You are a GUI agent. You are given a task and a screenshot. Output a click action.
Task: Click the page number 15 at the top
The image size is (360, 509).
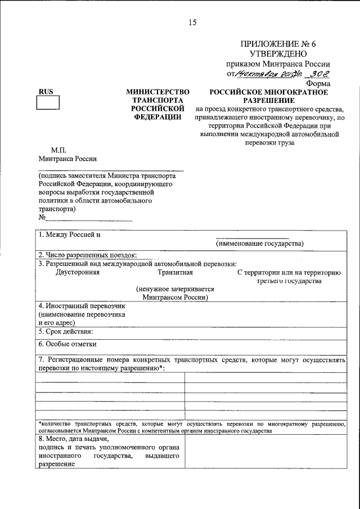[x=192, y=23]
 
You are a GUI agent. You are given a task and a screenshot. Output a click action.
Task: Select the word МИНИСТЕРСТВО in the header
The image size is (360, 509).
[x=157, y=92]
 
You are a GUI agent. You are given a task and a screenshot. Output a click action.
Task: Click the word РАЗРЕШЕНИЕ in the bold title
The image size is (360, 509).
[x=268, y=100]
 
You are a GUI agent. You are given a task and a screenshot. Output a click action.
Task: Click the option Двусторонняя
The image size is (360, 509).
[x=78, y=273]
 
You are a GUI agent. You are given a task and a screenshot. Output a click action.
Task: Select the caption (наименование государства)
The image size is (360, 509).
[x=259, y=244]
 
